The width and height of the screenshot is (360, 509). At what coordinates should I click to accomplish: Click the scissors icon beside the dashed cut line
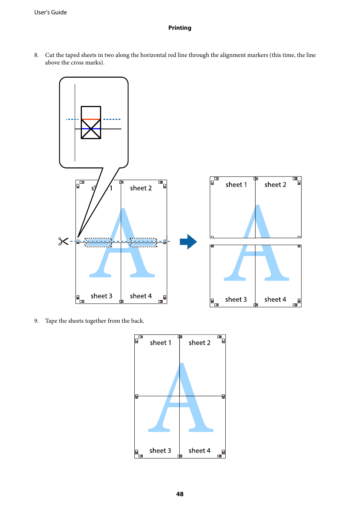pyautogui.click(x=63, y=241)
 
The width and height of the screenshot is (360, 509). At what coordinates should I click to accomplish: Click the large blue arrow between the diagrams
pyautogui.click(x=188, y=242)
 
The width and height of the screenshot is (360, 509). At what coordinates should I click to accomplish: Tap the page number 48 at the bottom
pyautogui.click(x=180, y=494)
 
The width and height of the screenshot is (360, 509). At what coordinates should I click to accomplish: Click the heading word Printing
pyautogui.click(x=180, y=28)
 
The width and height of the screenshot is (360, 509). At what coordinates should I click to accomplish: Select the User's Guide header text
pyautogui.click(x=51, y=12)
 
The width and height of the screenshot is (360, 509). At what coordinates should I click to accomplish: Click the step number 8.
pyautogui.click(x=36, y=55)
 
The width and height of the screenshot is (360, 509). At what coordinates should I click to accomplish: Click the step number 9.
pyautogui.click(x=36, y=321)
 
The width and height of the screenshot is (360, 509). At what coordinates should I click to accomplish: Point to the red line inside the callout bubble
pyautogui.click(x=91, y=119)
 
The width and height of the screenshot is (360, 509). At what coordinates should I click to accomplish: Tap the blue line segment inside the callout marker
pyautogui.click(x=91, y=129)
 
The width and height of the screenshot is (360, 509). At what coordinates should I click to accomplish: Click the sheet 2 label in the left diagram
pyautogui.click(x=141, y=188)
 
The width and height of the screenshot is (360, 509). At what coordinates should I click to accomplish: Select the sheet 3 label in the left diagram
pyautogui.click(x=102, y=296)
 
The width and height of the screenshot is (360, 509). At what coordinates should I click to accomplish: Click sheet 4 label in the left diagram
pyautogui.click(x=141, y=296)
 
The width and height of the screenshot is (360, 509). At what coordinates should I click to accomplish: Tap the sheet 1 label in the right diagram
pyautogui.click(x=236, y=185)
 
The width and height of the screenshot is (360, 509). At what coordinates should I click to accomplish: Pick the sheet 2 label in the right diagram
pyautogui.click(x=275, y=185)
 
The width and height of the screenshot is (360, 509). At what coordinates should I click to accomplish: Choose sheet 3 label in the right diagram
pyautogui.click(x=236, y=299)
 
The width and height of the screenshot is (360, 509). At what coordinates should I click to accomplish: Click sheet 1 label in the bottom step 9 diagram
pyautogui.click(x=160, y=343)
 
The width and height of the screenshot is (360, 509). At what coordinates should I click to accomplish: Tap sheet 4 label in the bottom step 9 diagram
pyautogui.click(x=200, y=451)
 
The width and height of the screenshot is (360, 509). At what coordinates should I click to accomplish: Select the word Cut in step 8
pyautogui.click(x=50, y=55)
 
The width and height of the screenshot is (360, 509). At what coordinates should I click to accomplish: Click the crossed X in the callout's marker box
pyautogui.click(x=91, y=129)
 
